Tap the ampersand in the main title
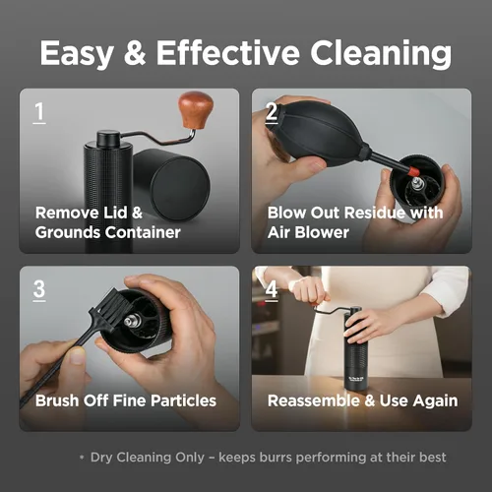pyautogui.click(x=135, y=52)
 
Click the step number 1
pyautogui.click(x=39, y=111)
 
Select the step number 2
pyautogui.click(x=272, y=111)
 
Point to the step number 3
pyautogui.click(x=39, y=289)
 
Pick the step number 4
pyautogui.click(x=272, y=289)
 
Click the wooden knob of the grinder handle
pyautogui.click(x=196, y=110)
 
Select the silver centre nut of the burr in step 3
pyautogui.click(x=131, y=321)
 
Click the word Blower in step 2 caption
pyautogui.click(x=322, y=232)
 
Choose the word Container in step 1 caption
pyautogui.click(x=143, y=232)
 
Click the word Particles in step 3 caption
pyautogui.click(x=183, y=400)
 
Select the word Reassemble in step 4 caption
pyautogui.click(x=314, y=400)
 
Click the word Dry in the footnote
pyautogui.click(x=101, y=458)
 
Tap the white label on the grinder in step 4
pyautogui.click(x=353, y=380)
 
